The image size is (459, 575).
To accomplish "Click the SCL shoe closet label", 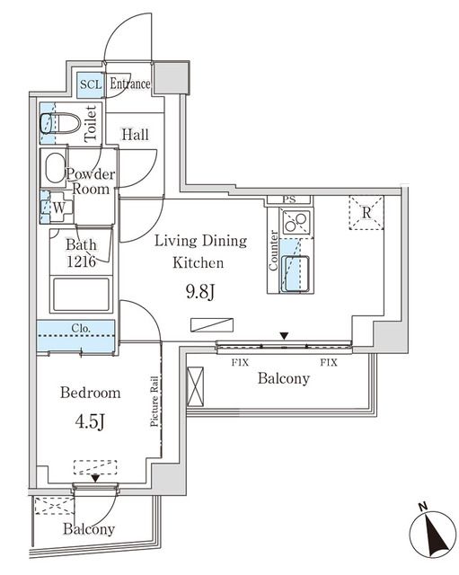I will [90, 84].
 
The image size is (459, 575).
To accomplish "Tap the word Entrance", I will [129, 84].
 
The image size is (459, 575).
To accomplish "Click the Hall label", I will [135, 135].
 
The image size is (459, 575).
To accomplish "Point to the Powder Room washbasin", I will [54, 168].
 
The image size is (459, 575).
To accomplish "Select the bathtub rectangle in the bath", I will [81, 294].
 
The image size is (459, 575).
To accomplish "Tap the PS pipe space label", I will [288, 199].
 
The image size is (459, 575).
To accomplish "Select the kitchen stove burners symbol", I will [296, 221].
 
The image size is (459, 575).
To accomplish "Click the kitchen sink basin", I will [296, 272].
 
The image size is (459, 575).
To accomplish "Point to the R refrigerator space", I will [366, 213].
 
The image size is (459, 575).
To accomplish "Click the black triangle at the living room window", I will [284, 337].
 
